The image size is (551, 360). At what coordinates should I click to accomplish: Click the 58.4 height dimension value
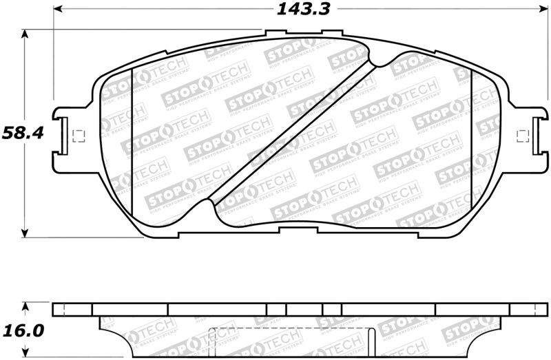[23, 132]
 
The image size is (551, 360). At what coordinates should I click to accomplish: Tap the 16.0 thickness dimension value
[23, 330]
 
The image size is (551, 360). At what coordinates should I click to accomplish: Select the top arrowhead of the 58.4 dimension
[25, 33]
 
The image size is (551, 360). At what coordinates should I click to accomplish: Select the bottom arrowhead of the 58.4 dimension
[25, 233]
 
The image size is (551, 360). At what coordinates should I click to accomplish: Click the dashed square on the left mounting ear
[77, 136]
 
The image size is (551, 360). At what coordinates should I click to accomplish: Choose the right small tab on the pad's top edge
[331, 32]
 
